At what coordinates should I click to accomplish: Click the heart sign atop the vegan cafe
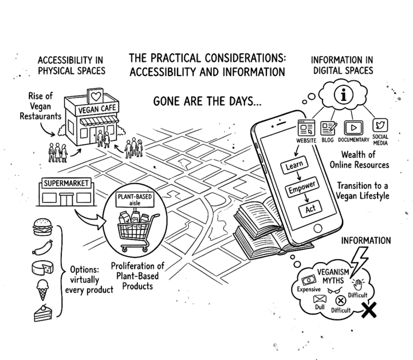point(95,95)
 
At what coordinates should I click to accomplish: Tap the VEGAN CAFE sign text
point(95,110)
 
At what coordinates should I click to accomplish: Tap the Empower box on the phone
point(301,189)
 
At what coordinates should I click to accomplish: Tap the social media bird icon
point(380,124)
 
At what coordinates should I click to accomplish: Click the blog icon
point(329,126)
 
